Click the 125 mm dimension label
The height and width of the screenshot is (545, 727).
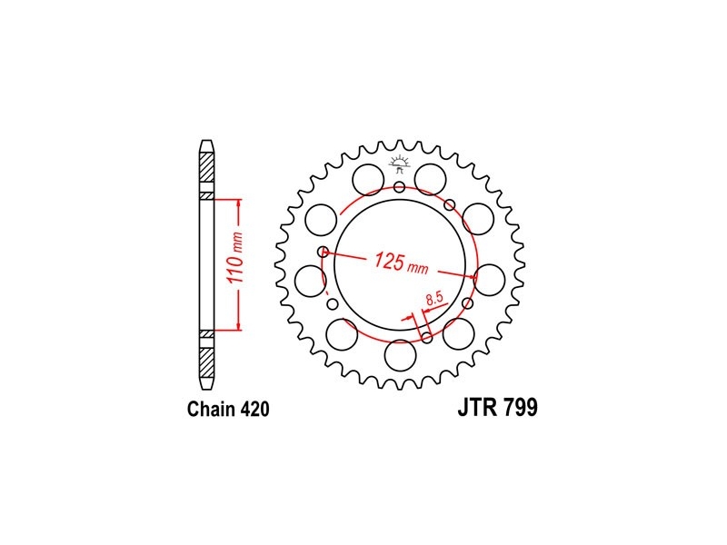(x=402, y=263)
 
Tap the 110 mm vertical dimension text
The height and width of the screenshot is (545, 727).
(x=236, y=258)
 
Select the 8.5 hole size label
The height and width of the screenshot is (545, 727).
(x=435, y=298)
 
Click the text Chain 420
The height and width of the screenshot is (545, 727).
(x=228, y=410)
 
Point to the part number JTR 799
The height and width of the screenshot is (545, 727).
(x=497, y=408)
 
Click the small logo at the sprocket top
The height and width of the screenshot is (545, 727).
(x=399, y=164)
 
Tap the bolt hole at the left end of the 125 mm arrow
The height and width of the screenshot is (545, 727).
(x=324, y=253)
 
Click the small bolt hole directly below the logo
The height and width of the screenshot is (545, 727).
(x=399, y=187)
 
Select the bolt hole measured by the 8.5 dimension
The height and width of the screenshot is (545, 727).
(x=427, y=338)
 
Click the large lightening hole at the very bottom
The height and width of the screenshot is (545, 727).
(x=400, y=355)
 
